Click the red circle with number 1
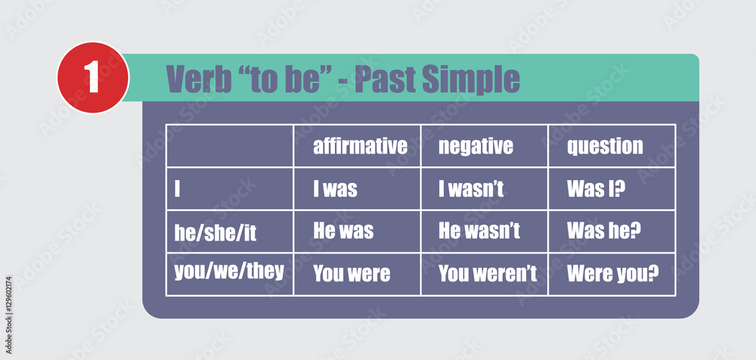93,78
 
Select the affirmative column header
360,146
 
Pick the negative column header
476,147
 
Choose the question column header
605,147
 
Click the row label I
177,189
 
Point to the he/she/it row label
215,233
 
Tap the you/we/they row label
229,272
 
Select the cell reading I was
335,189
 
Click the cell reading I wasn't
471,189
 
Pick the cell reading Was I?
596,189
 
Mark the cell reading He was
343,231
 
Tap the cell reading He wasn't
479,231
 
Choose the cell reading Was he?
604,231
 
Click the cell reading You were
352,274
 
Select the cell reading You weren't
488,274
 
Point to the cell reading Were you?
613,275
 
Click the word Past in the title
386,79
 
